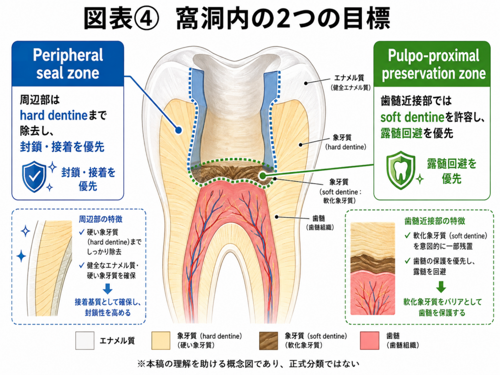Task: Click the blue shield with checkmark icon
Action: click(34, 176)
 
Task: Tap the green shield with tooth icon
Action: click(400, 170)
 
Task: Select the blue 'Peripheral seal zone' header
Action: click(67, 64)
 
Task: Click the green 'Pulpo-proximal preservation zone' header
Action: click(432, 64)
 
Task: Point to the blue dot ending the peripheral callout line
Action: click(179, 130)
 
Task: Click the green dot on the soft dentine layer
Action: click(262, 175)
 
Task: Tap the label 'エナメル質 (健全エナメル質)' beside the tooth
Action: click(350, 83)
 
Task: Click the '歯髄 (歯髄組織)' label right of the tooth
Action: click(319, 223)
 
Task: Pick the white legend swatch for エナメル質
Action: click(85, 340)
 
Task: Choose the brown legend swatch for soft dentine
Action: click(269, 340)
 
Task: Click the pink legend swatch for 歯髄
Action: click(370, 340)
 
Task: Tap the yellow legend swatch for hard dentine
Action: click(161, 340)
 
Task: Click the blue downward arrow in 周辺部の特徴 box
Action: click(108, 289)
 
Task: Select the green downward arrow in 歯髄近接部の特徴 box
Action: click(441, 287)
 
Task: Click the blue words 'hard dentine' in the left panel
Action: click(54, 115)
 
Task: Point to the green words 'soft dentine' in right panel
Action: click(412, 117)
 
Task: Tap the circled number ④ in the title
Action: click(146, 19)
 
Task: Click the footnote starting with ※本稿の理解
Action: click(249, 364)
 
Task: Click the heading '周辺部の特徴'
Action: click(101, 219)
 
